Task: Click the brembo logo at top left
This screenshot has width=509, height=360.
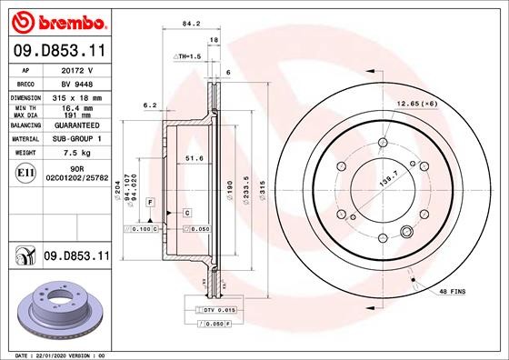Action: coord(56,19)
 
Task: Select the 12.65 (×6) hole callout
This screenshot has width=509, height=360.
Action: coord(417,105)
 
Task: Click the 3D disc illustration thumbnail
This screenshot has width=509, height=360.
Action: coord(57,306)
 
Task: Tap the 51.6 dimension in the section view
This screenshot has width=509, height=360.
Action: coord(194,159)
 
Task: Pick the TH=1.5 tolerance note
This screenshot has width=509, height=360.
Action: coord(187,56)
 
